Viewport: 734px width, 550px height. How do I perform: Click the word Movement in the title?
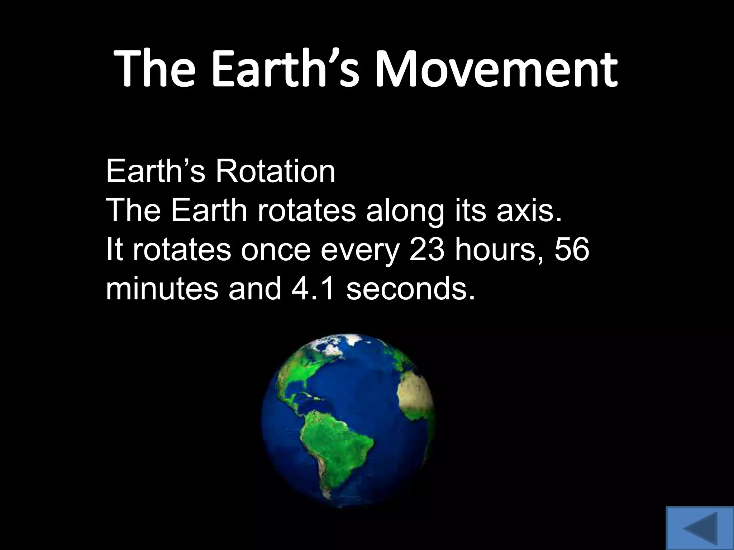pyautogui.click(x=496, y=69)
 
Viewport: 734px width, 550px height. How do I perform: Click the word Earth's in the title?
pyautogui.click(x=285, y=69)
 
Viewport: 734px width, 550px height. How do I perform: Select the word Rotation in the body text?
pyautogui.click(x=275, y=172)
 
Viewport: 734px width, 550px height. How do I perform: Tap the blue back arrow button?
pyautogui.click(x=700, y=528)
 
